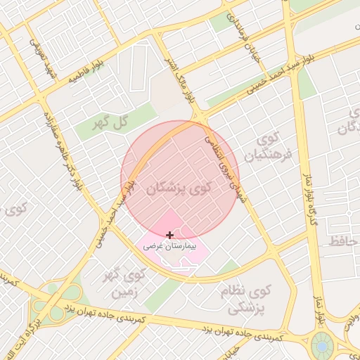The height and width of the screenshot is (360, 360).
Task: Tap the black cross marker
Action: coord(169,234)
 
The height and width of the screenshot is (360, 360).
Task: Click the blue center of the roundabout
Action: coord(323,346)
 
